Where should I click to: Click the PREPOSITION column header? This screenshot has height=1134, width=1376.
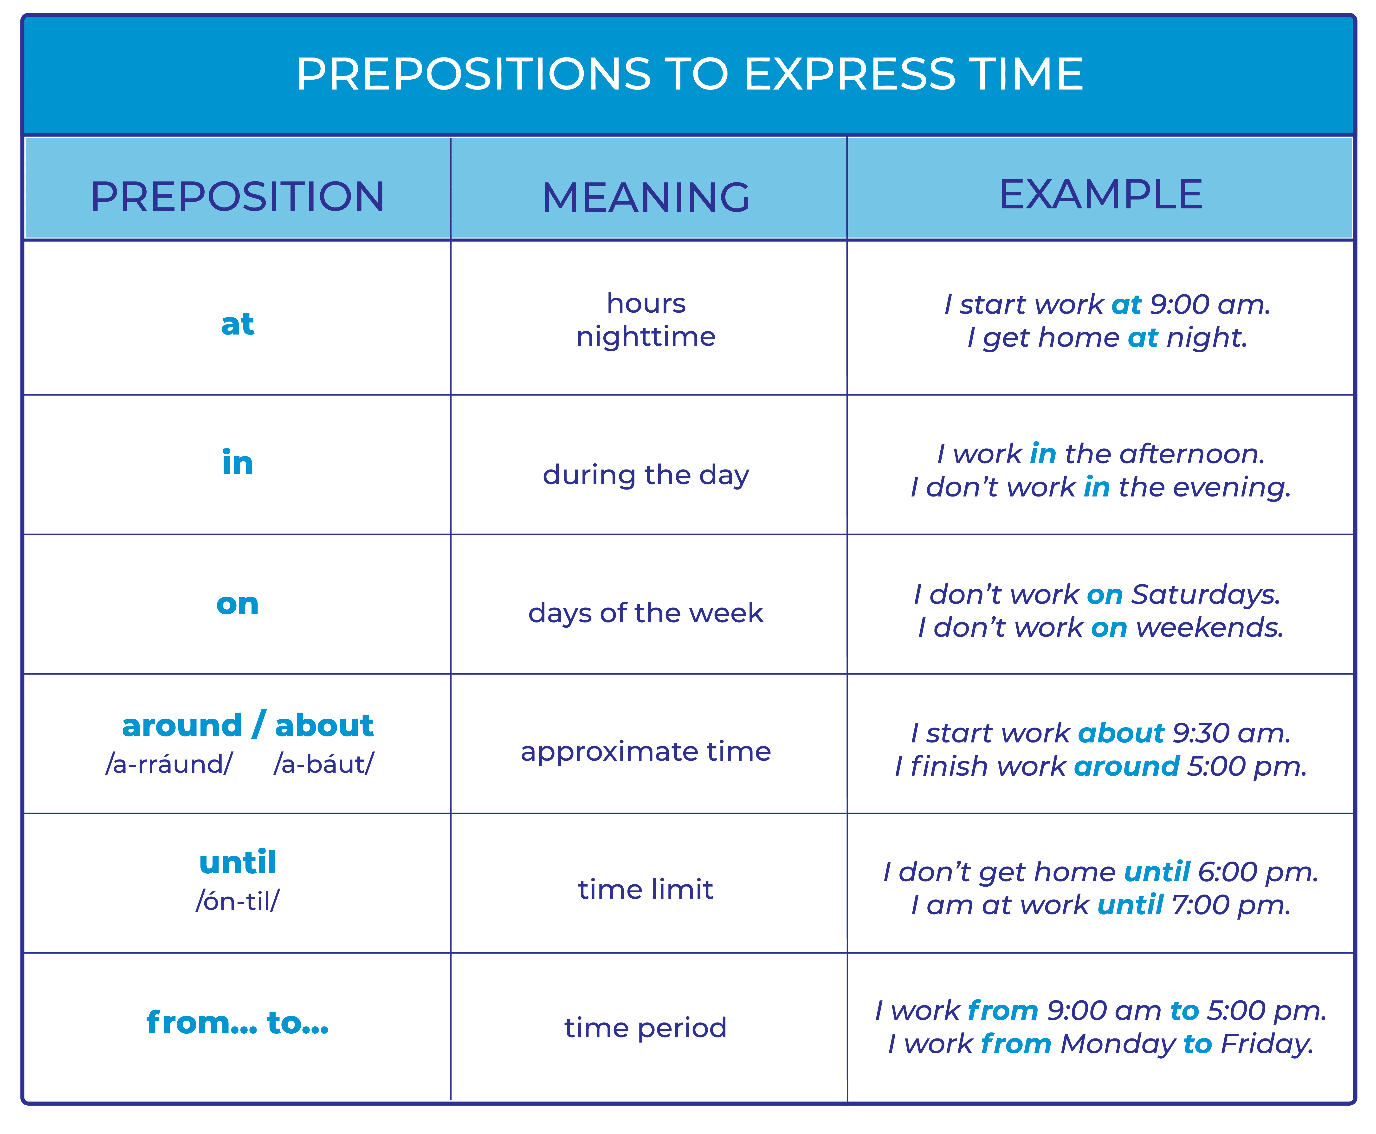tap(237, 196)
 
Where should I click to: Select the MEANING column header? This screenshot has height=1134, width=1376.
tap(646, 197)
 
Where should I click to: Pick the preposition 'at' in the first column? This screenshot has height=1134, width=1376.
tap(237, 323)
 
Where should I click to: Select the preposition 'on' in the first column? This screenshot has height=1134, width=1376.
tap(237, 604)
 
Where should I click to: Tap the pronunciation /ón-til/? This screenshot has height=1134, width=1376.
tap(237, 901)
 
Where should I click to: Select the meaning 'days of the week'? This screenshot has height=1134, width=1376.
tap(646, 613)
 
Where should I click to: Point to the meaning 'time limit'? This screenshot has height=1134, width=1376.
tap(646, 889)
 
